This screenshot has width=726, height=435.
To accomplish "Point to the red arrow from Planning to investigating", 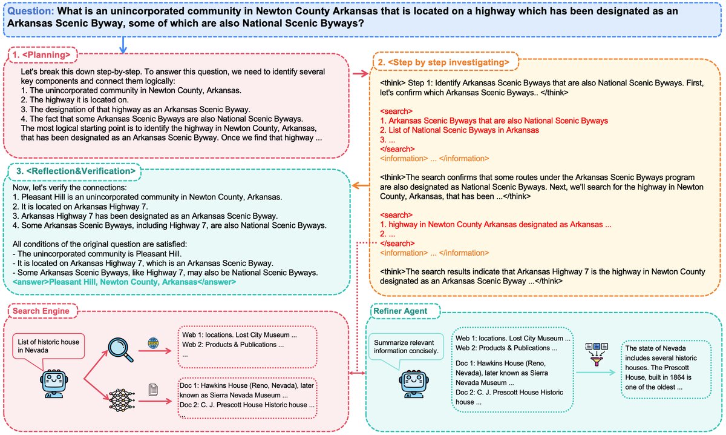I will coord(361,74).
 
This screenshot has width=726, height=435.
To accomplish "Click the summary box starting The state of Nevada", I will coord(665,368).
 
